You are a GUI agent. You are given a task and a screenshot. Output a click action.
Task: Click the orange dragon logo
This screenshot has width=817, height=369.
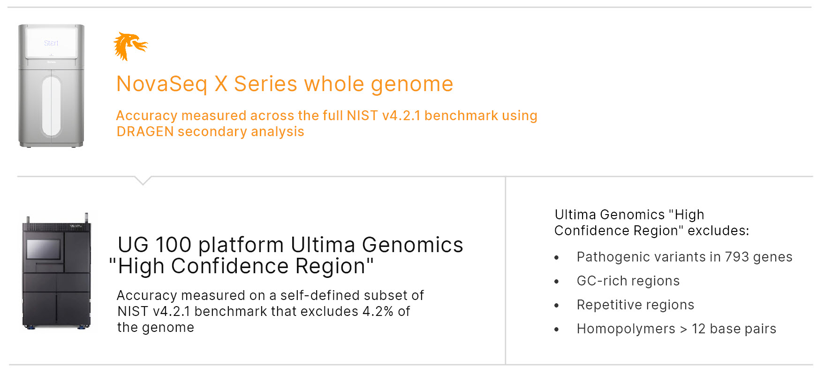pos(130,46)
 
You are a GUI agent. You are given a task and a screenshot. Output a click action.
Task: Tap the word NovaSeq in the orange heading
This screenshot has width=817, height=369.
pos(162,85)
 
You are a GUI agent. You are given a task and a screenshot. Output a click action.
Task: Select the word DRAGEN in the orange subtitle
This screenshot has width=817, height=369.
pos(145,131)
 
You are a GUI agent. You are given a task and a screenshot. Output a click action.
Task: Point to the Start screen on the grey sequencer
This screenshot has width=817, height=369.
pos(51,43)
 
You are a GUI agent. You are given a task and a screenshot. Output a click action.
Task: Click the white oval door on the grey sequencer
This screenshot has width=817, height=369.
pos(52,106)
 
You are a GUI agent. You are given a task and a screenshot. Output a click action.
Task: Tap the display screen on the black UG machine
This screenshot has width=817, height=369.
pos(44,249)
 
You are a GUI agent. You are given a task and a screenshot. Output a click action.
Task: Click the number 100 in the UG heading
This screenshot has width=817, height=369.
pos(174,245)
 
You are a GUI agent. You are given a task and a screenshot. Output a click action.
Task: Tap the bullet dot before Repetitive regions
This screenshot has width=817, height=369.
pos(557,306)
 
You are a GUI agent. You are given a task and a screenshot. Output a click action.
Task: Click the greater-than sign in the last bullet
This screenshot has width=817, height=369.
pos(684,330)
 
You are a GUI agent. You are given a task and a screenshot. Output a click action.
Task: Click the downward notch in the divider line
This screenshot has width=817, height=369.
pos(143,181)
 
